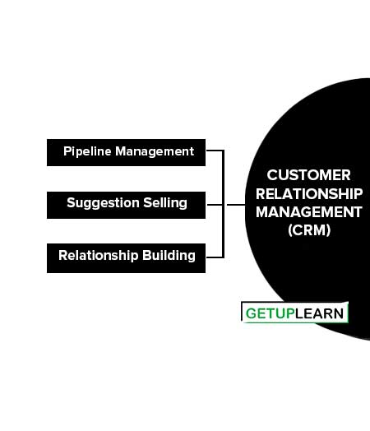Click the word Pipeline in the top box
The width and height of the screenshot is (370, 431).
87,151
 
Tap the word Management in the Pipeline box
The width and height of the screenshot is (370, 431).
155,151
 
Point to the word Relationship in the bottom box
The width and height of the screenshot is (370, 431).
99,255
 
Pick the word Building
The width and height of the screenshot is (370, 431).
169,255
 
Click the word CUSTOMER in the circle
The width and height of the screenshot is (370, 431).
309,175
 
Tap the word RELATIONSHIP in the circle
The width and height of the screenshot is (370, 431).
309,194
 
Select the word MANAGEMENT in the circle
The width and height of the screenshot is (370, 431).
309,212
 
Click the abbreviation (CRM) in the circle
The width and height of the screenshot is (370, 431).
309,230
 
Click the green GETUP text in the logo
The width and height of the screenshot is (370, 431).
270,313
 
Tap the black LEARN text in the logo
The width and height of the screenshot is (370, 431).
319,313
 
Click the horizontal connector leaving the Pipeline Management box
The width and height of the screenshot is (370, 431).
215,151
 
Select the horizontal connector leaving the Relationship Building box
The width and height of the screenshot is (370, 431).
215,257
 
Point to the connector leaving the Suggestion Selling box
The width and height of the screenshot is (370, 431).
215,205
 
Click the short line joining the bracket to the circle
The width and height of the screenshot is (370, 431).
236,205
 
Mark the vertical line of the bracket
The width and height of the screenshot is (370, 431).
223,204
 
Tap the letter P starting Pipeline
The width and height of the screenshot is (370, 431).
67,151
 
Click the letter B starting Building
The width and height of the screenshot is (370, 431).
146,255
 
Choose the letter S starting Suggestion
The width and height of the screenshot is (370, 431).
72,203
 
